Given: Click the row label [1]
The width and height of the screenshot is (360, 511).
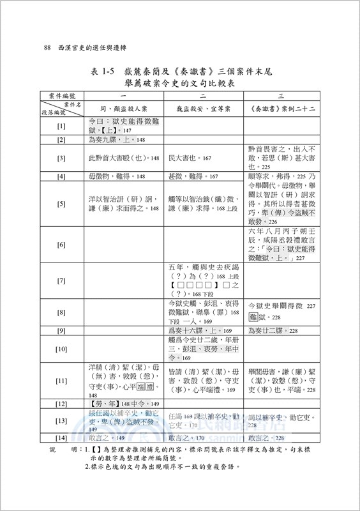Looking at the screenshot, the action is (x=61, y=126).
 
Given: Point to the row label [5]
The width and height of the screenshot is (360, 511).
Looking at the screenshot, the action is (x=61, y=204).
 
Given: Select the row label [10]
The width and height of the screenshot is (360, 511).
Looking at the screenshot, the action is (x=61, y=349).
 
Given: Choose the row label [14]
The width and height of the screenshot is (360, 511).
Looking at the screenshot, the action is (x=61, y=438).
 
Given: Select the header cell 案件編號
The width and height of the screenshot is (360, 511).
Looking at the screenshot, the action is (x=61, y=95).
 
